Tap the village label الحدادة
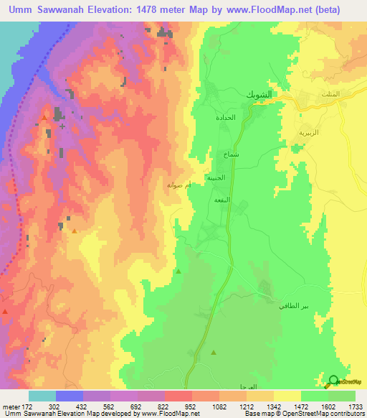pyautogui.click(x=225, y=117)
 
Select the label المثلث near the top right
pyautogui.click(x=348, y=96)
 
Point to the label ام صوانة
pyautogui.click(x=178, y=185)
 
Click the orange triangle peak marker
pyautogui.click(x=75, y=231)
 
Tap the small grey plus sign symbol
pyautogui.click(x=62, y=126)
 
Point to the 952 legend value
pyautogui.click(x=191, y=406)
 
